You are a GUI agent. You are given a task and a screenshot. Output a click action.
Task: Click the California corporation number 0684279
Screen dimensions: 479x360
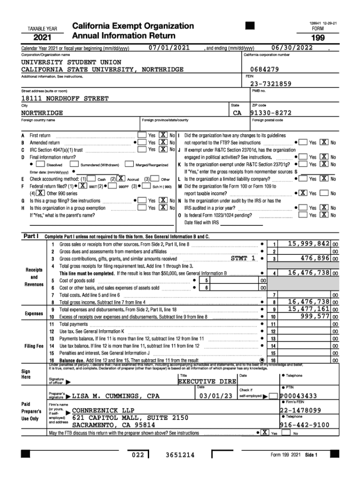(264, 69)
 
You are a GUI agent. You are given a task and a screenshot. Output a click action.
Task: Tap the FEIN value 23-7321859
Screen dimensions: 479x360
(271, 84)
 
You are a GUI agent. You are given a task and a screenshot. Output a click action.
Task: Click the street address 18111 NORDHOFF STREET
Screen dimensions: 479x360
(65, 99)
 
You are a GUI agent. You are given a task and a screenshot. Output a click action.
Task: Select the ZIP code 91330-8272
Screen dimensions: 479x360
(271, 113)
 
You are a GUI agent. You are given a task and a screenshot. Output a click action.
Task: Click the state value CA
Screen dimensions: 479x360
(237, 113)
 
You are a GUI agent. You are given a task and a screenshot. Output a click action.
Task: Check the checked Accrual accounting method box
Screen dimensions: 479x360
(121, 178)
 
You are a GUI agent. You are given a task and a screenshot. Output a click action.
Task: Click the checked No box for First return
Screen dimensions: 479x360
(164, 135)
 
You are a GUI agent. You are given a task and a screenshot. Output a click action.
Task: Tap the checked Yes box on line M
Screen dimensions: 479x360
(303, 193)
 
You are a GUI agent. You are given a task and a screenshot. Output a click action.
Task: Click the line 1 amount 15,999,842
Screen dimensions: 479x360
(309, 244)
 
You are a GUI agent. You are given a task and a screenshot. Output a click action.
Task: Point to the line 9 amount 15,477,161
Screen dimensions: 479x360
(309, 309)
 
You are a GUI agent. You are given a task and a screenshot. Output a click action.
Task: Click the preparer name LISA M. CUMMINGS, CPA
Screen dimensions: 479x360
(116, 396)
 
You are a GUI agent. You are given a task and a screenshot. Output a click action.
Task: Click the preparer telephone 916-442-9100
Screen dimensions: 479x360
(304, 425)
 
